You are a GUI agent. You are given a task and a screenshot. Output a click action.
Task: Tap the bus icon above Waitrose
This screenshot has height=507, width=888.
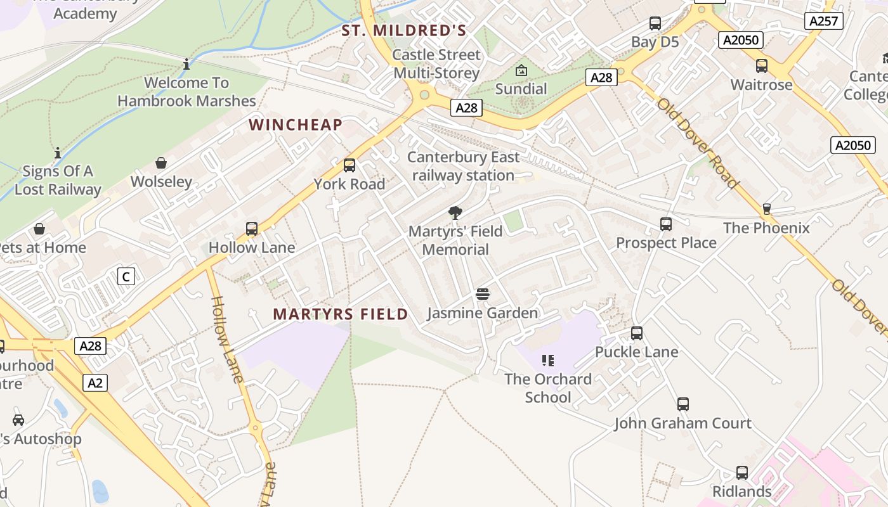click(x=762, y=66)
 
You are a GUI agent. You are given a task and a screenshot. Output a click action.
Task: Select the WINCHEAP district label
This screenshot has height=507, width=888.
click(x=296, y=125)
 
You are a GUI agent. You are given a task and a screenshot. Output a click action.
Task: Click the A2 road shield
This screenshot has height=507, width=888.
click(x=95, y=383)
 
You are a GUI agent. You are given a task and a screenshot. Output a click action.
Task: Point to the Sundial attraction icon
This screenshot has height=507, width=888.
click(x=521, y=70)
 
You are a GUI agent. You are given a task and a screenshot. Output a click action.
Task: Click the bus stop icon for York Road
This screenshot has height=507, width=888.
click(x=349, y=165)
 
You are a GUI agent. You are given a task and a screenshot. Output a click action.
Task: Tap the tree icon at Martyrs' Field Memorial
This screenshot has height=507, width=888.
click(x=455, y=213)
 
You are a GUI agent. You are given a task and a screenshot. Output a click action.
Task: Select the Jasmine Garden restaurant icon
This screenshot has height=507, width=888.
click(x=483, y=294)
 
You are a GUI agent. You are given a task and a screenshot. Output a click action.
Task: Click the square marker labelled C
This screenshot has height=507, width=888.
click(x=126, y=276)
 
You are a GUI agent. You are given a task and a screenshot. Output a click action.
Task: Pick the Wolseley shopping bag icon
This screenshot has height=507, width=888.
click(x=161, y=163)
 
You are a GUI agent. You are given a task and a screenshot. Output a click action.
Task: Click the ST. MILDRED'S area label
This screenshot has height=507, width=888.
click(x=404, y=30)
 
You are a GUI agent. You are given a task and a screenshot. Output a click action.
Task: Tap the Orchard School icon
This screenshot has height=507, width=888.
click(x=548, y=361)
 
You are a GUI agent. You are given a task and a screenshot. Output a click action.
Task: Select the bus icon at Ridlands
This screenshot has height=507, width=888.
click(x=742, y=473)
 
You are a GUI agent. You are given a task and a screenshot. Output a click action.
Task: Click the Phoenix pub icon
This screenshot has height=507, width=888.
click(x=766, y=209)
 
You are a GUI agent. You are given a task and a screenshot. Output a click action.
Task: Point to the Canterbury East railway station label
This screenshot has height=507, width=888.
click(x=463, y=166)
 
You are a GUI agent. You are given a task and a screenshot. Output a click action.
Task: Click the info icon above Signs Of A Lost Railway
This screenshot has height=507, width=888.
click(x=58, y=153)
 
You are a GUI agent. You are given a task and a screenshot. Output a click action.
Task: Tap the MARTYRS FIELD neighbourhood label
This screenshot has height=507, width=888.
click(x=341, y=314)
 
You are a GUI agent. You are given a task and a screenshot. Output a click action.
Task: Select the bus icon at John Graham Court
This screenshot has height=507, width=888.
click(x=682, y=404)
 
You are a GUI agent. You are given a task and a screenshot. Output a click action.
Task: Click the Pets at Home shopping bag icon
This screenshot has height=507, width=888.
click(x=39, y=229)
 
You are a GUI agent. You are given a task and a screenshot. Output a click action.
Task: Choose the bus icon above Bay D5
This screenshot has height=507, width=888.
click(x=655, y=24)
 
